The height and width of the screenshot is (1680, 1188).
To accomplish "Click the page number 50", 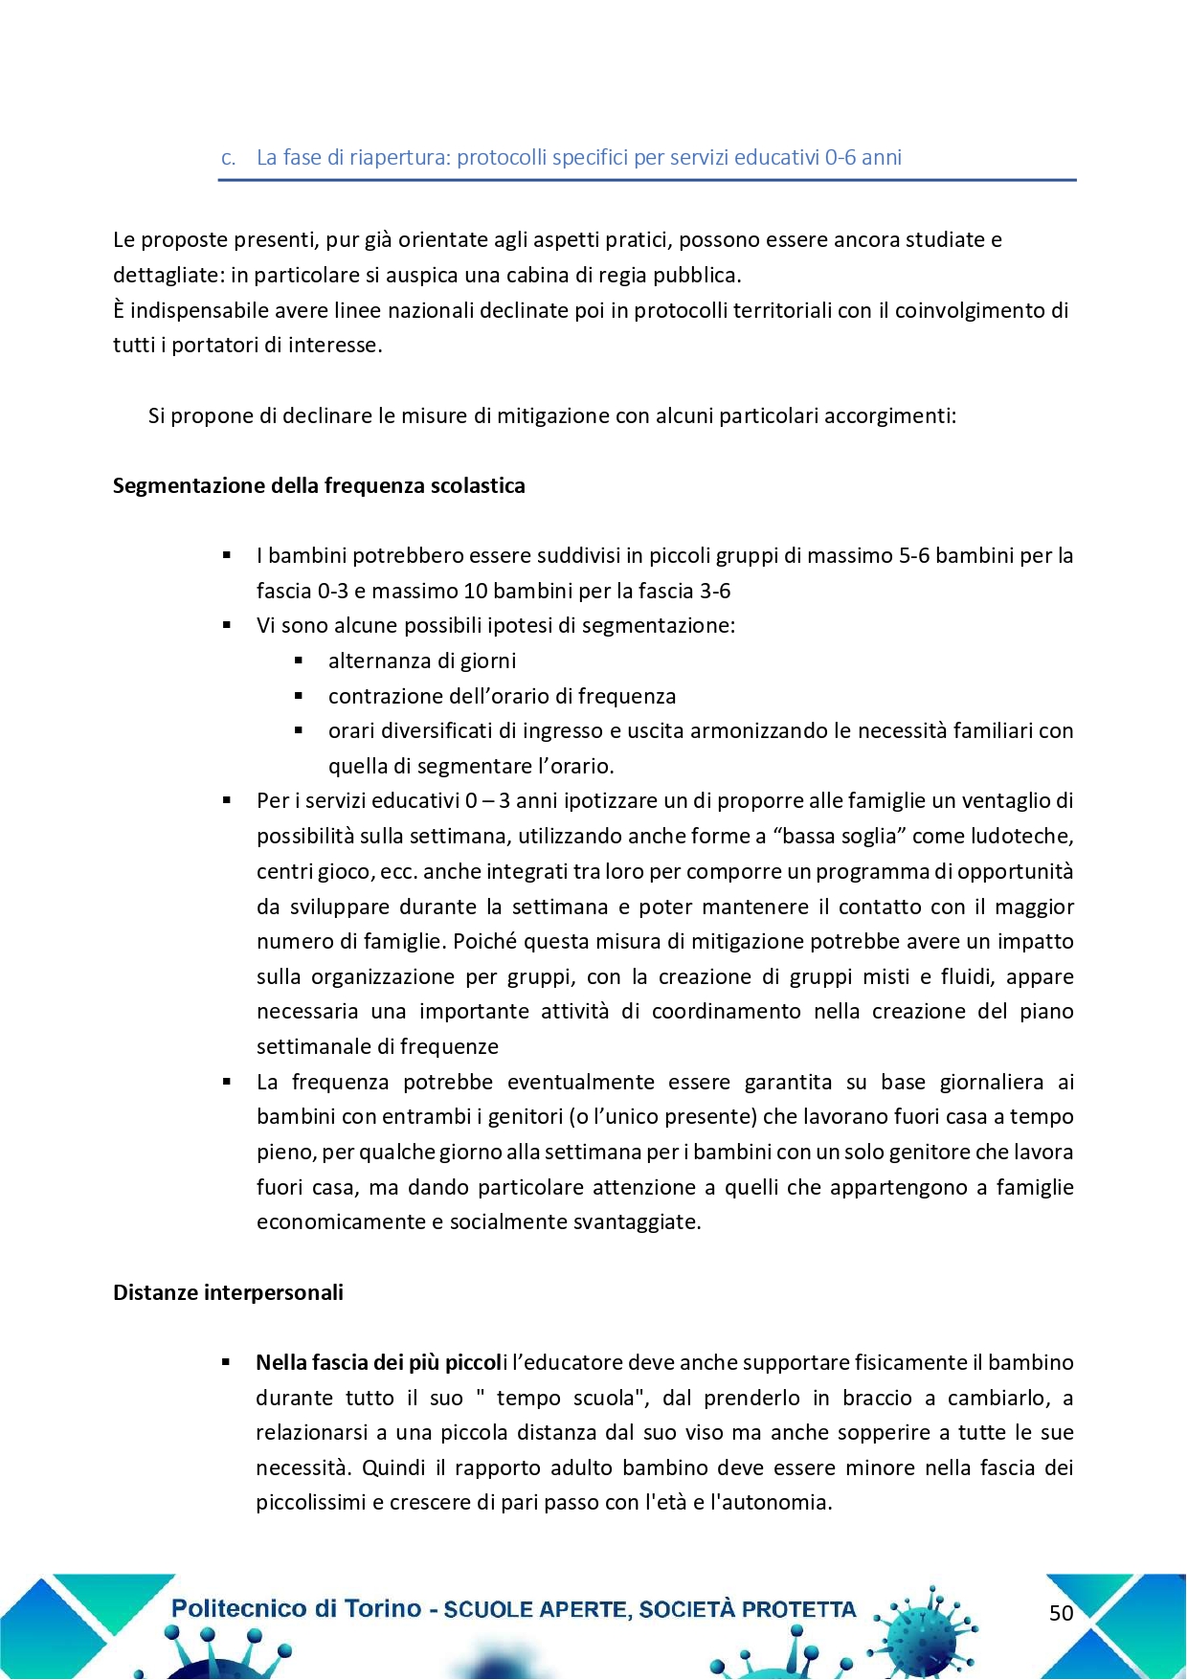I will [1061, 1613].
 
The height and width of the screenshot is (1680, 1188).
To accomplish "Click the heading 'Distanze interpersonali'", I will [228, 1293].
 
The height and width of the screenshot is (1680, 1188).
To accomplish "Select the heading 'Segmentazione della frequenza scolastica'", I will [319, 486].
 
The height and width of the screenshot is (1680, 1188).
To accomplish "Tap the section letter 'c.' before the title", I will [228, 158].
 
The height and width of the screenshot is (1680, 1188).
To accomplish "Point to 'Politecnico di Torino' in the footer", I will [296, 1608].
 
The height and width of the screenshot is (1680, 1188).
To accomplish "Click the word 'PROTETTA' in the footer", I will [798, 1610].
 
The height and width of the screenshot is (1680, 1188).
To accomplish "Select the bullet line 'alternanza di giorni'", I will [422, 661].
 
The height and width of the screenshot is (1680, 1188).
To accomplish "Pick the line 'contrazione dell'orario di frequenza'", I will [502, 697].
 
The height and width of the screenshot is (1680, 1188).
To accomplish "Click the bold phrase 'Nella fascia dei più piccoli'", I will [380, 1363].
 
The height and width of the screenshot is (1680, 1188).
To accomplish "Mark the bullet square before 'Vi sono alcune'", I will [227, 626].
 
